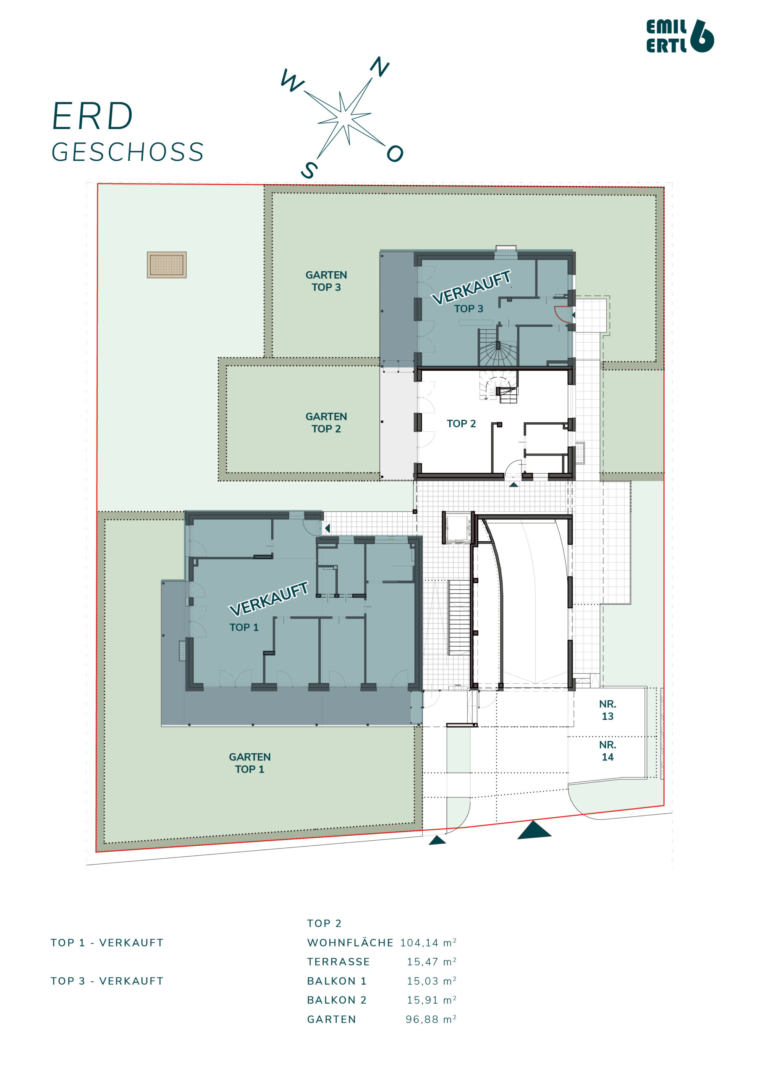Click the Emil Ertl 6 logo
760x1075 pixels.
[680, 36]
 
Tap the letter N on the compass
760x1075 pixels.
[380, 66]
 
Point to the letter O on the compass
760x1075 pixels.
[395, 153]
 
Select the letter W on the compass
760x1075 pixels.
[292, 80]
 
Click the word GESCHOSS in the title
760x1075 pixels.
[128, 152]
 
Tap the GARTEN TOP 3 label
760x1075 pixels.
[326, 281]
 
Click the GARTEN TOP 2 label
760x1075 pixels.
[326, 422]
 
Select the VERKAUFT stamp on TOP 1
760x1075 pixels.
[269, 598]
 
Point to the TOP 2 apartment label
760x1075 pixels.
[461, 423]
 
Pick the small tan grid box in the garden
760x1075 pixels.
[167, 265]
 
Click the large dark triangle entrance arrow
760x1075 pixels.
[534, 830]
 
